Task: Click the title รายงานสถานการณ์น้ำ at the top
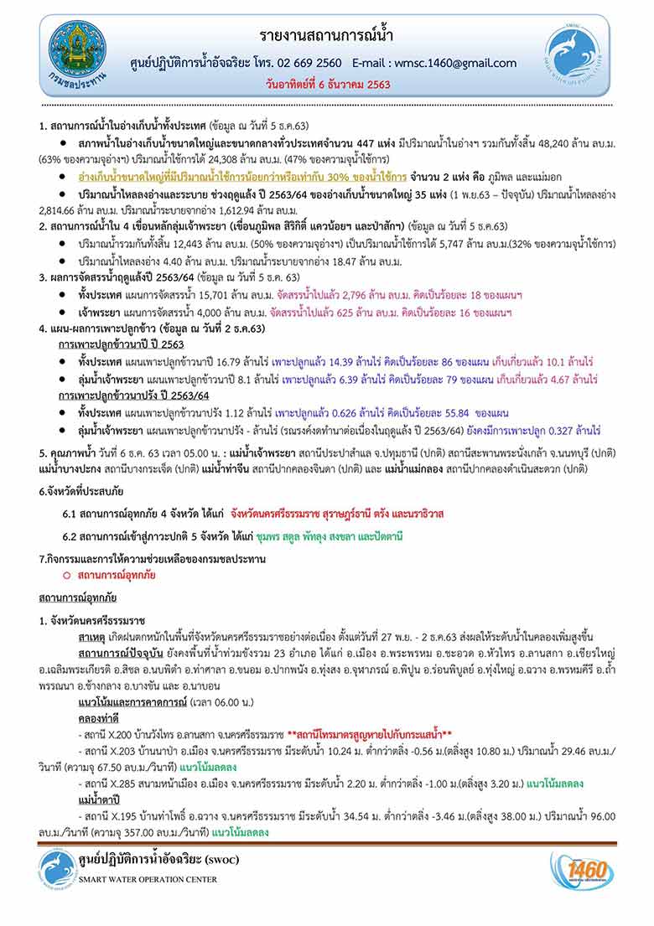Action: point(326,36)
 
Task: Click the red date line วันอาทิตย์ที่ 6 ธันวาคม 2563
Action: point(326,86)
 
